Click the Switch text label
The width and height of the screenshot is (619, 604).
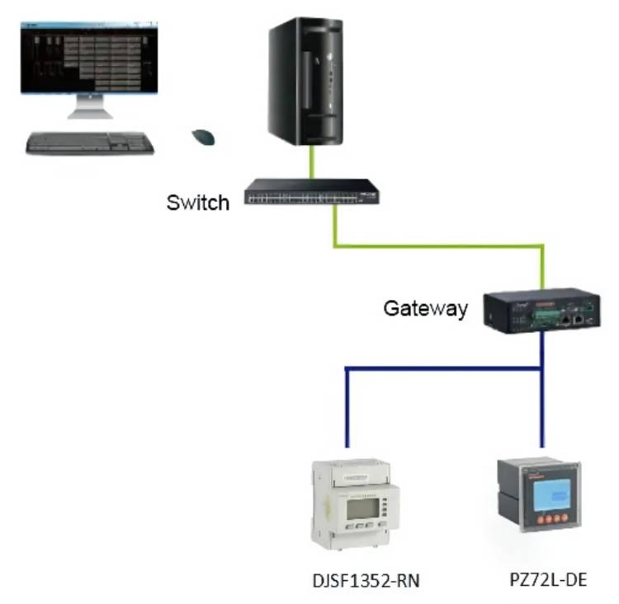(x=198, y=202)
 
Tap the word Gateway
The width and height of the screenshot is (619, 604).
(x=426, y=309)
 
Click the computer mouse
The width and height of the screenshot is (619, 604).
(x=203, y=137)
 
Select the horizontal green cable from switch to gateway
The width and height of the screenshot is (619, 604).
(x=437, y=245)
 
